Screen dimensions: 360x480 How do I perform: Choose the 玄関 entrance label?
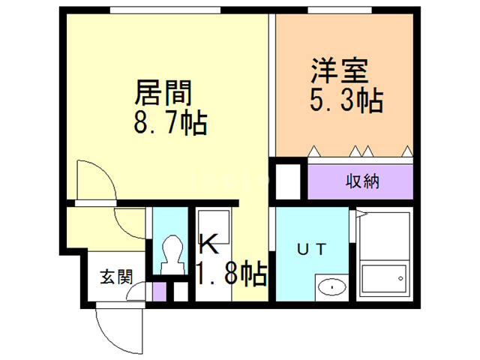point(117,276)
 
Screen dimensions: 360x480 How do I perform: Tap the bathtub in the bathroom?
point(383,279)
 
